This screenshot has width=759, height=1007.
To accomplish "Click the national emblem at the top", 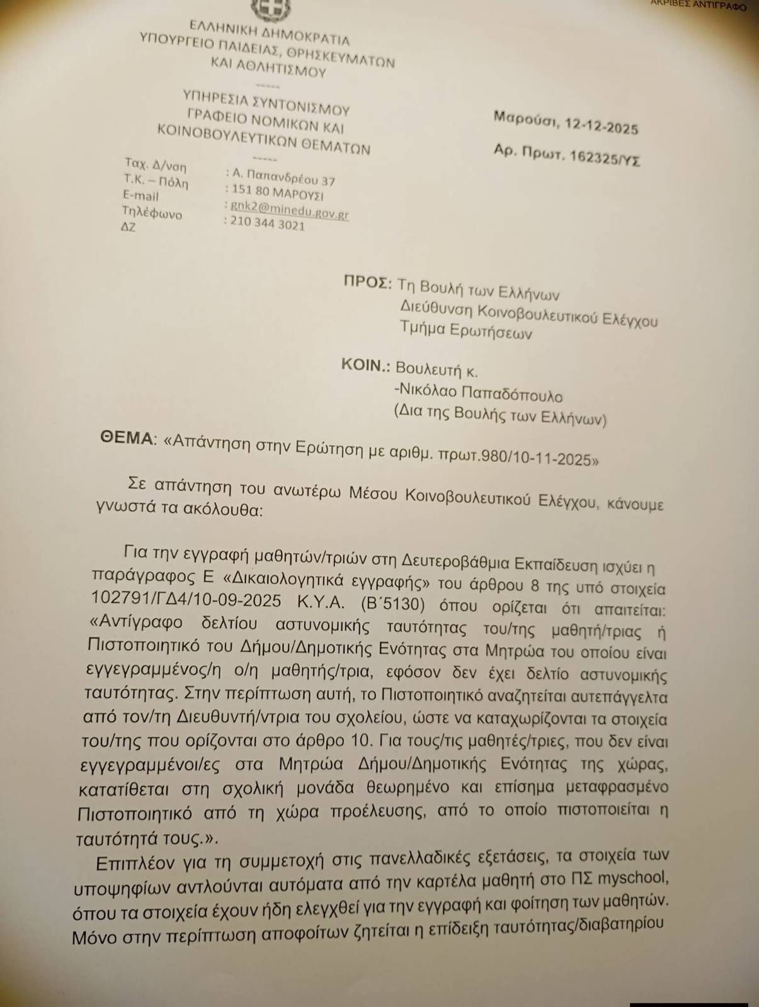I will pos(270,8).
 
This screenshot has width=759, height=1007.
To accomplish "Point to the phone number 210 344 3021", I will pos(268,224).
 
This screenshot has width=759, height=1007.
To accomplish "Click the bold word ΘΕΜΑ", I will pos(126,439).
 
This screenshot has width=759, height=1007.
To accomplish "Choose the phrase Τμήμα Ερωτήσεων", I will pos(466,330).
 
